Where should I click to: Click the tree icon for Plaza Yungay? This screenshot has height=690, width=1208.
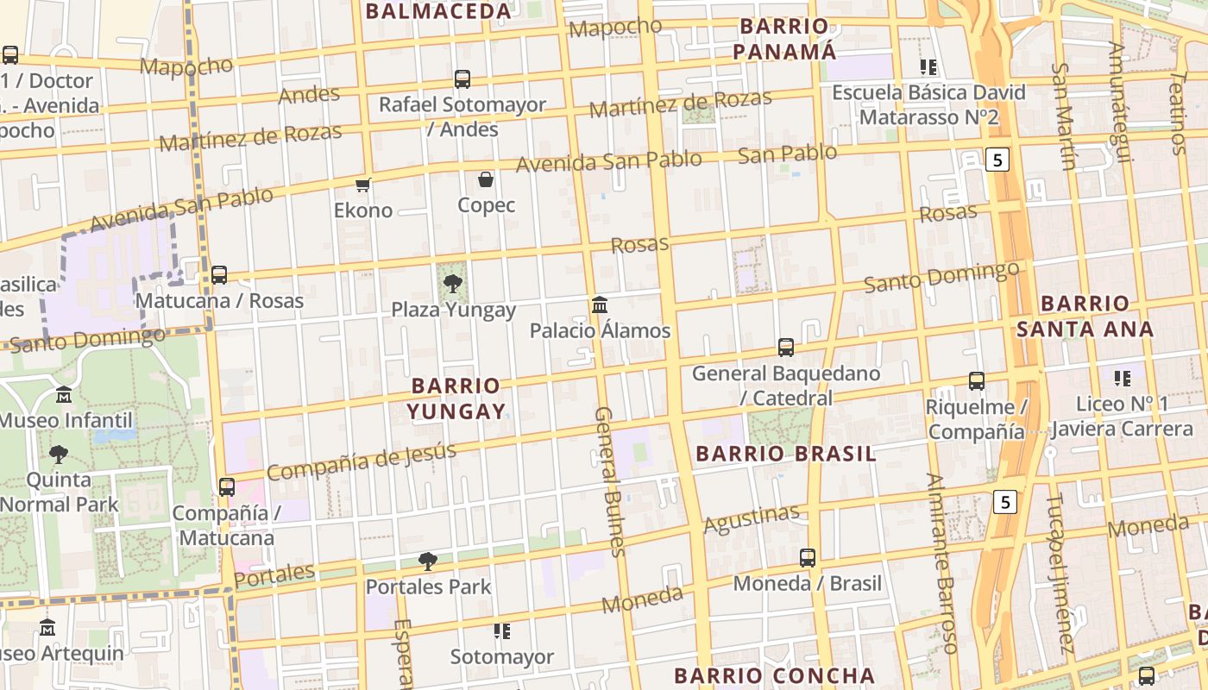[x=452, y=284]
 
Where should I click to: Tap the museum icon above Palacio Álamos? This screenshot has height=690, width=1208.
[x=600, y=304]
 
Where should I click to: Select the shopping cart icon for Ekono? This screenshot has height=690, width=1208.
[x=363, y=185]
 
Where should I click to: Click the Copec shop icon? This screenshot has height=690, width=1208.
[x=486, y=179]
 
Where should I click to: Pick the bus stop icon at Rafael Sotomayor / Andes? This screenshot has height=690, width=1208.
[x=462, y=79]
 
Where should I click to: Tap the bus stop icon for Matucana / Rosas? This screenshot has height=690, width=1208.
[x=219, y=275]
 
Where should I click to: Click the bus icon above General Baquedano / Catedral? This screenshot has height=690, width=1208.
[x=786, y=347]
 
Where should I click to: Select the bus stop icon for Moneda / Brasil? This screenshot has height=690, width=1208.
[x=808, y=557]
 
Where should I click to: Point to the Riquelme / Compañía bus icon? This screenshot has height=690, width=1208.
[x=977, y=380]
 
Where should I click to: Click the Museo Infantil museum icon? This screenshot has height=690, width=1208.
[x=64, y=395]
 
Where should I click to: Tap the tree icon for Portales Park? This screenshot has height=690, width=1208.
[x=427, y=561]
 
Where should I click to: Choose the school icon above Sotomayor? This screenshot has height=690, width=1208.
[x=502, y=631]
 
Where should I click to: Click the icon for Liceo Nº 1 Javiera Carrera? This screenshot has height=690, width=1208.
[x=1122, y=378]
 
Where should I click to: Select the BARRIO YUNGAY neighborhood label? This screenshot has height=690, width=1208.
[x=456, y=398]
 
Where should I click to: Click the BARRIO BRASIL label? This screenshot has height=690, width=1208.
[x=786, y=454]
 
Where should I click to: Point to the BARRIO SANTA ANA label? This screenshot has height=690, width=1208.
[x=1085, y=316]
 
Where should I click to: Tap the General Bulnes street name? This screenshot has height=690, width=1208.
[x=608, y=481]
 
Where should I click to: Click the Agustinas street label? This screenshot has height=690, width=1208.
[x=752, y=518]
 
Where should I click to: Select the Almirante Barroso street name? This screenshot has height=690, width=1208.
[x=942, y=562]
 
